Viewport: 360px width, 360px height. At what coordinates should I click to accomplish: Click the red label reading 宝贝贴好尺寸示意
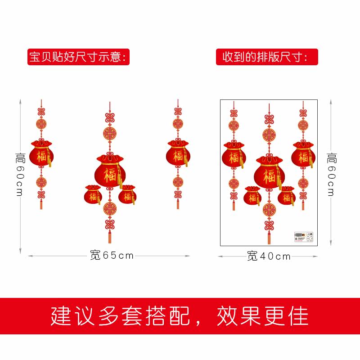tap(79, 57)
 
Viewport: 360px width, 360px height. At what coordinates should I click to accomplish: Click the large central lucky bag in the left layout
tap(108, 171)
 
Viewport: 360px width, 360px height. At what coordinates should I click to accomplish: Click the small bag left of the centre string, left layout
tap(93, 194)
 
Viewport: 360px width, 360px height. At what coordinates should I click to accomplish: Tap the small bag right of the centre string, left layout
tap(127, 194)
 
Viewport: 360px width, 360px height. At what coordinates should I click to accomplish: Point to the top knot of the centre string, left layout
tap(108, 118)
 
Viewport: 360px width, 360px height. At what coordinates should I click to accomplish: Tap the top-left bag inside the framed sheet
tap(234, 156)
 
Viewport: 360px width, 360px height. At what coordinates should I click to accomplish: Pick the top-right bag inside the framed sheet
tap(303, 156)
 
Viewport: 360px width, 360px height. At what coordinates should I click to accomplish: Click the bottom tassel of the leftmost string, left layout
tap(41, 204)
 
